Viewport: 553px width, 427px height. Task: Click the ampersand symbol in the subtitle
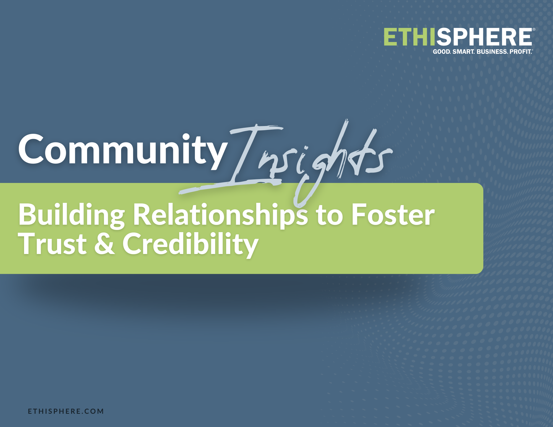tap(105, 243)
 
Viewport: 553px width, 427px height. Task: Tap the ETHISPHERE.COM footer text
tap(66, 411)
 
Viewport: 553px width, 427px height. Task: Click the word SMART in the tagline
tap(464, 52)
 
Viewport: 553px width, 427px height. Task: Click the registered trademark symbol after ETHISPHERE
tap(534, 29)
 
